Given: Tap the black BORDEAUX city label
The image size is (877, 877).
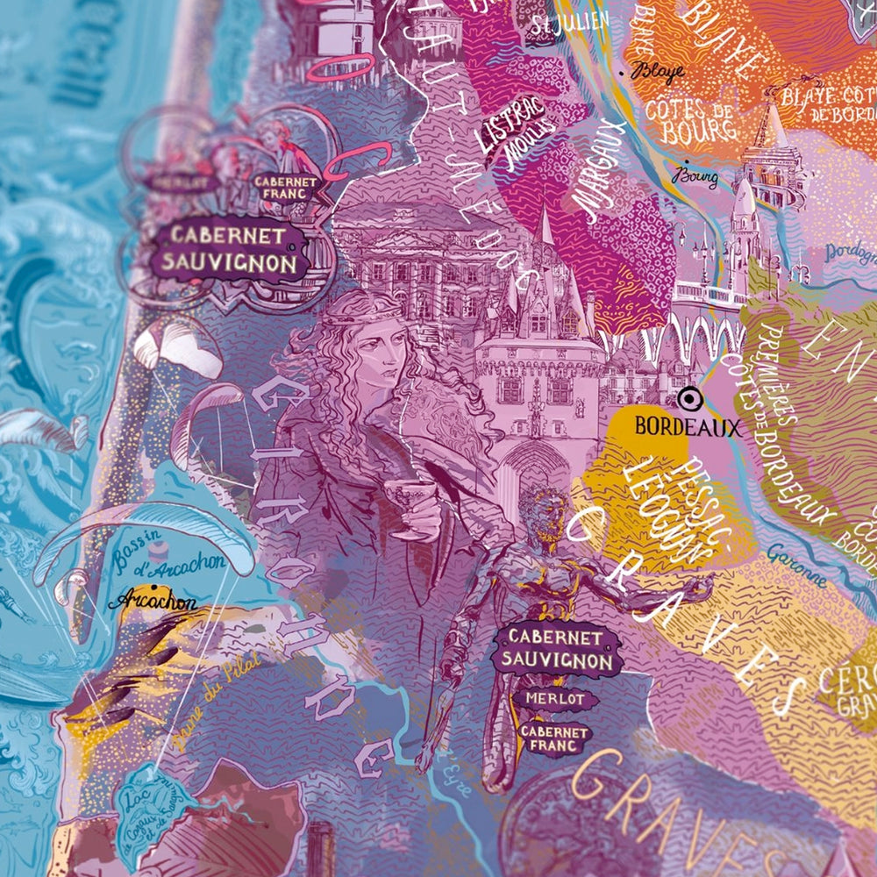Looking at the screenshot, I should (688, 427).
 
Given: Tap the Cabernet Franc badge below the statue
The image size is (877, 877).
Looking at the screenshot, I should (554, 738).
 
